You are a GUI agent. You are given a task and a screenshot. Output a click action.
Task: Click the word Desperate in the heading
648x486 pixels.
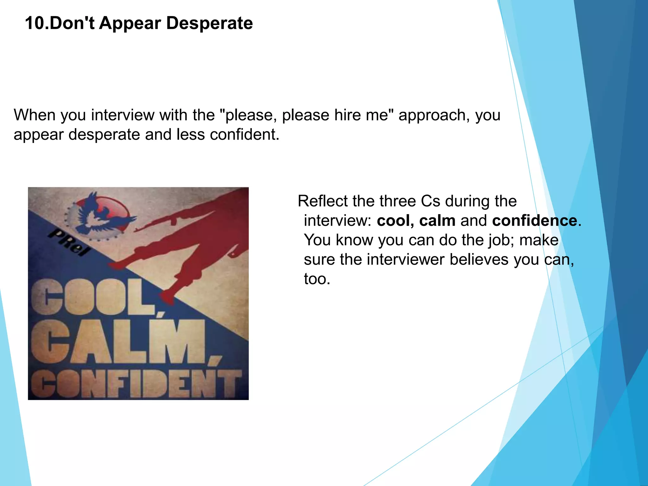pyautogui.click(x=209, y=23)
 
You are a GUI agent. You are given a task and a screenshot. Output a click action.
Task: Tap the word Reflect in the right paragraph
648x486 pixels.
pyautogui.click(x=322, y=201)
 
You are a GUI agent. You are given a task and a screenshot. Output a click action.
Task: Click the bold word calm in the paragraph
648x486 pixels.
pyautogui.click(x=437, y=221)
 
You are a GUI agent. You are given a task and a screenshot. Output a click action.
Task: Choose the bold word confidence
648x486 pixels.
pyautogui.click(x=535, y=221)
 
